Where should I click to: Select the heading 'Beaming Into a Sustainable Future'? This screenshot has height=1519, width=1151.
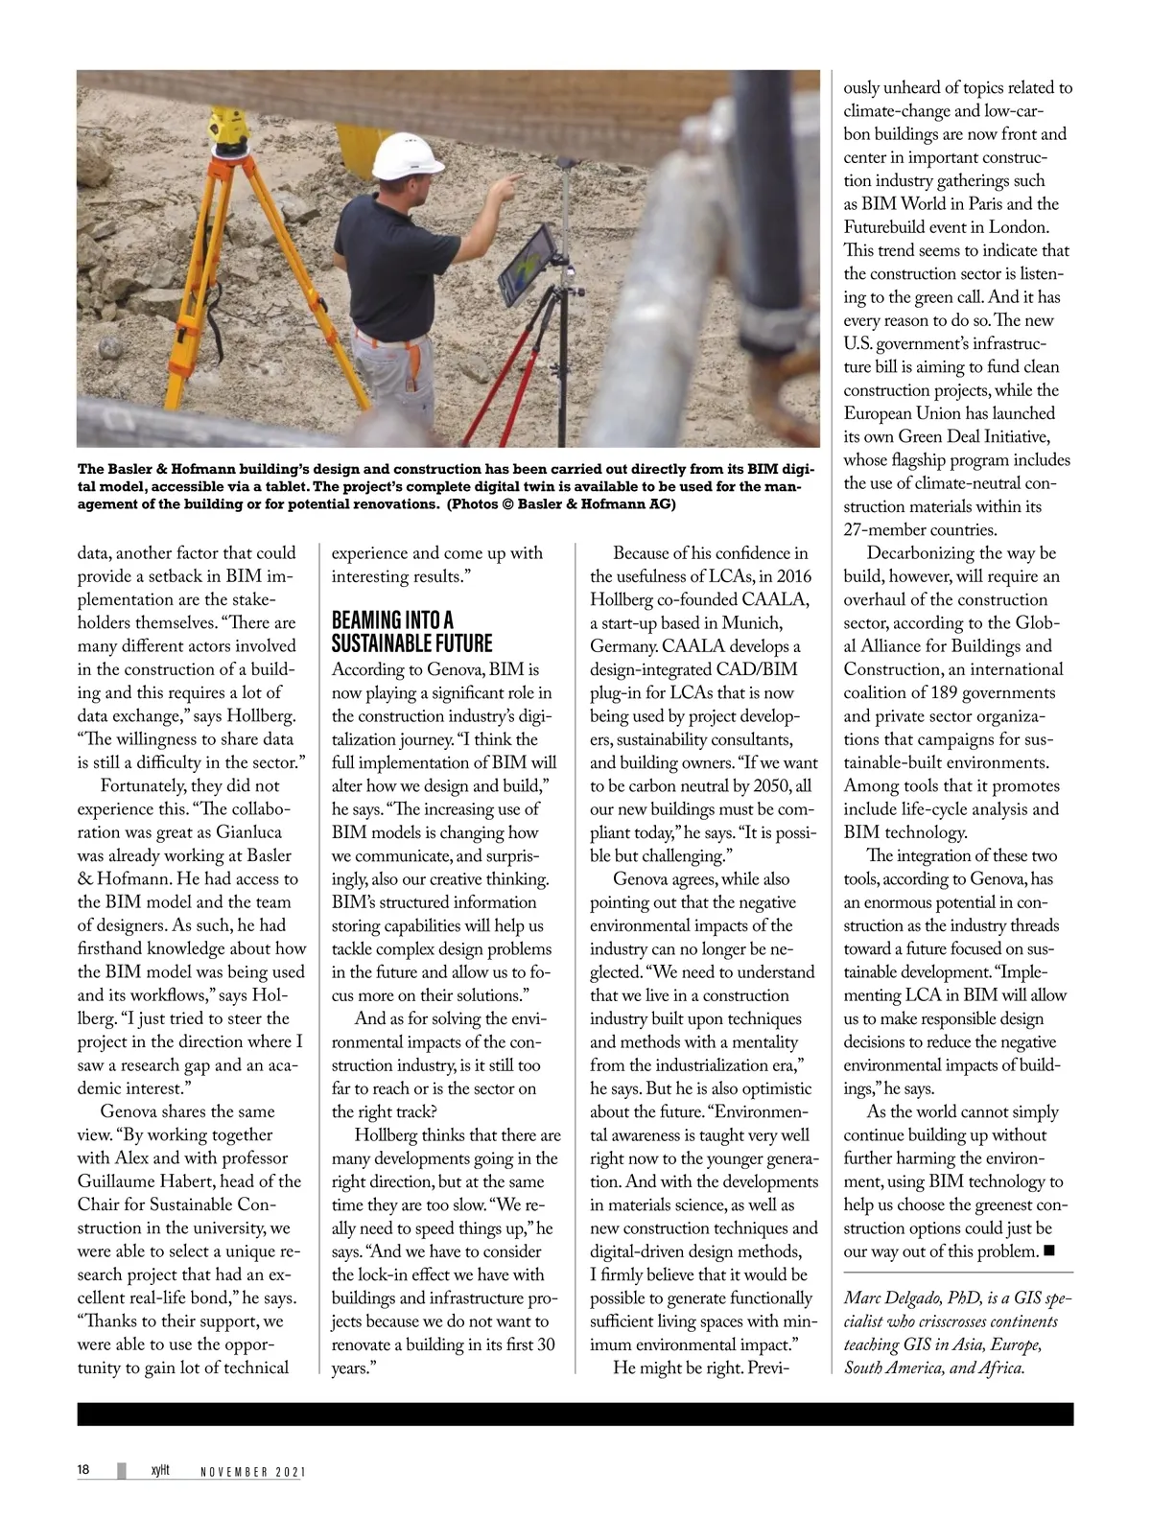(x=411, y=631)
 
